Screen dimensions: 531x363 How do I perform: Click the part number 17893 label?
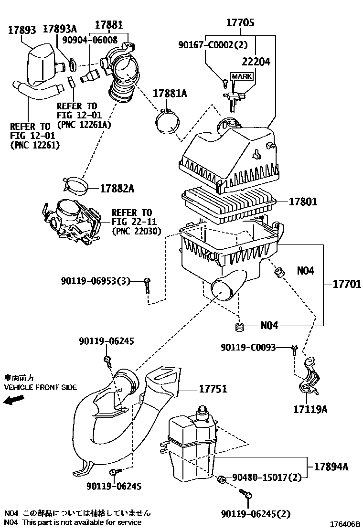(x=22, y=30)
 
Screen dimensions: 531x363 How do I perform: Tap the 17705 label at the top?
(x=240, y=22)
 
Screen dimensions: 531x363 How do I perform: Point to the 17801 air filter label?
(x=302, y=202)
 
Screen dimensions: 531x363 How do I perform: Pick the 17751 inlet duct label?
(x=212, y=389)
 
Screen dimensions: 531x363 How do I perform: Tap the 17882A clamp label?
(x=117, y=189)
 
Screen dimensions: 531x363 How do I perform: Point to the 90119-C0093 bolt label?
(x=248, y=348)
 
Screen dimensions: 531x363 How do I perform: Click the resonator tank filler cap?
(x=202, y=409)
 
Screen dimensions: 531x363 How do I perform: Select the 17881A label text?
(x=170, y=93)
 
